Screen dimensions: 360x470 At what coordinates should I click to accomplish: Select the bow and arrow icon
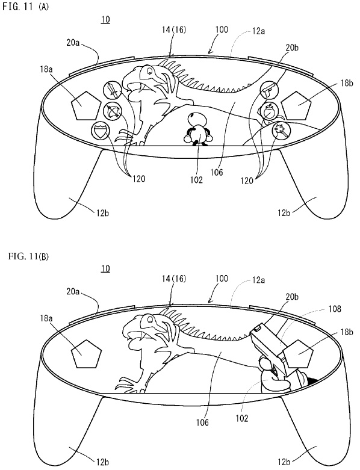coord(112,112)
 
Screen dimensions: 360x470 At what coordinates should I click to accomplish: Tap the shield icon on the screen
coord(100,131)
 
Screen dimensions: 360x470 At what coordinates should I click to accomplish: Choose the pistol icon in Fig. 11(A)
coord(270,89)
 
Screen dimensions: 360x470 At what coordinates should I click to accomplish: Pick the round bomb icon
coord(269,111)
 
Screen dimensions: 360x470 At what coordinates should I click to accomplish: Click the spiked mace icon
coord(282,131)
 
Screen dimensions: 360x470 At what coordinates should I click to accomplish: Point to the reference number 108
coord(335,309)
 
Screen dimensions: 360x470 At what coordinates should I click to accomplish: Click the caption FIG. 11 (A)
coord(25,7)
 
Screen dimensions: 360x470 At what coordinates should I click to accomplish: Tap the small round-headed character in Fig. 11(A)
coord(197,129)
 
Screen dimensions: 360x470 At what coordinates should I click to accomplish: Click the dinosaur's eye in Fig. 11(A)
coord(148,71)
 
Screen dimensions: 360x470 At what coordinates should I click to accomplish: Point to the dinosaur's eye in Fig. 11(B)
coord(149,320)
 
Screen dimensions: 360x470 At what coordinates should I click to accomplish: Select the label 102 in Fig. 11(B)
coord(241,418)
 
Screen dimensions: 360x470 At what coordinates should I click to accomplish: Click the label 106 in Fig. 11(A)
coord(216,172)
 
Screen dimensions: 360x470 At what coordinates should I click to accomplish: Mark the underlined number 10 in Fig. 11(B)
coord(105,268)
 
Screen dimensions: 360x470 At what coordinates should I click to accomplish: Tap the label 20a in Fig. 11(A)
coord(73,43)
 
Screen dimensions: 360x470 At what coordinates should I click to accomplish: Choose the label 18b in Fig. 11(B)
coord(347,332)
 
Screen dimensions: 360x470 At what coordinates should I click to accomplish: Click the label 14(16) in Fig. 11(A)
coord(174,29)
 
